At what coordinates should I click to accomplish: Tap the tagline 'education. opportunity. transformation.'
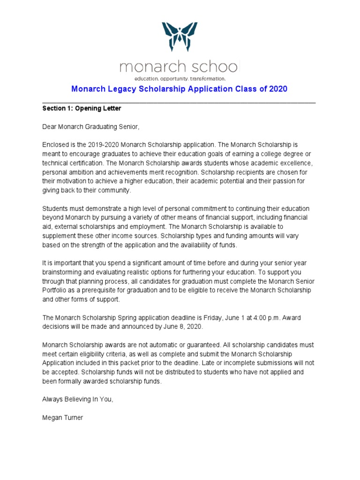(180, 78)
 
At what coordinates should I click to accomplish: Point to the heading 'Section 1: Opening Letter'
(82, 108)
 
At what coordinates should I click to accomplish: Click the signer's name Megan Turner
(62, 418)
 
